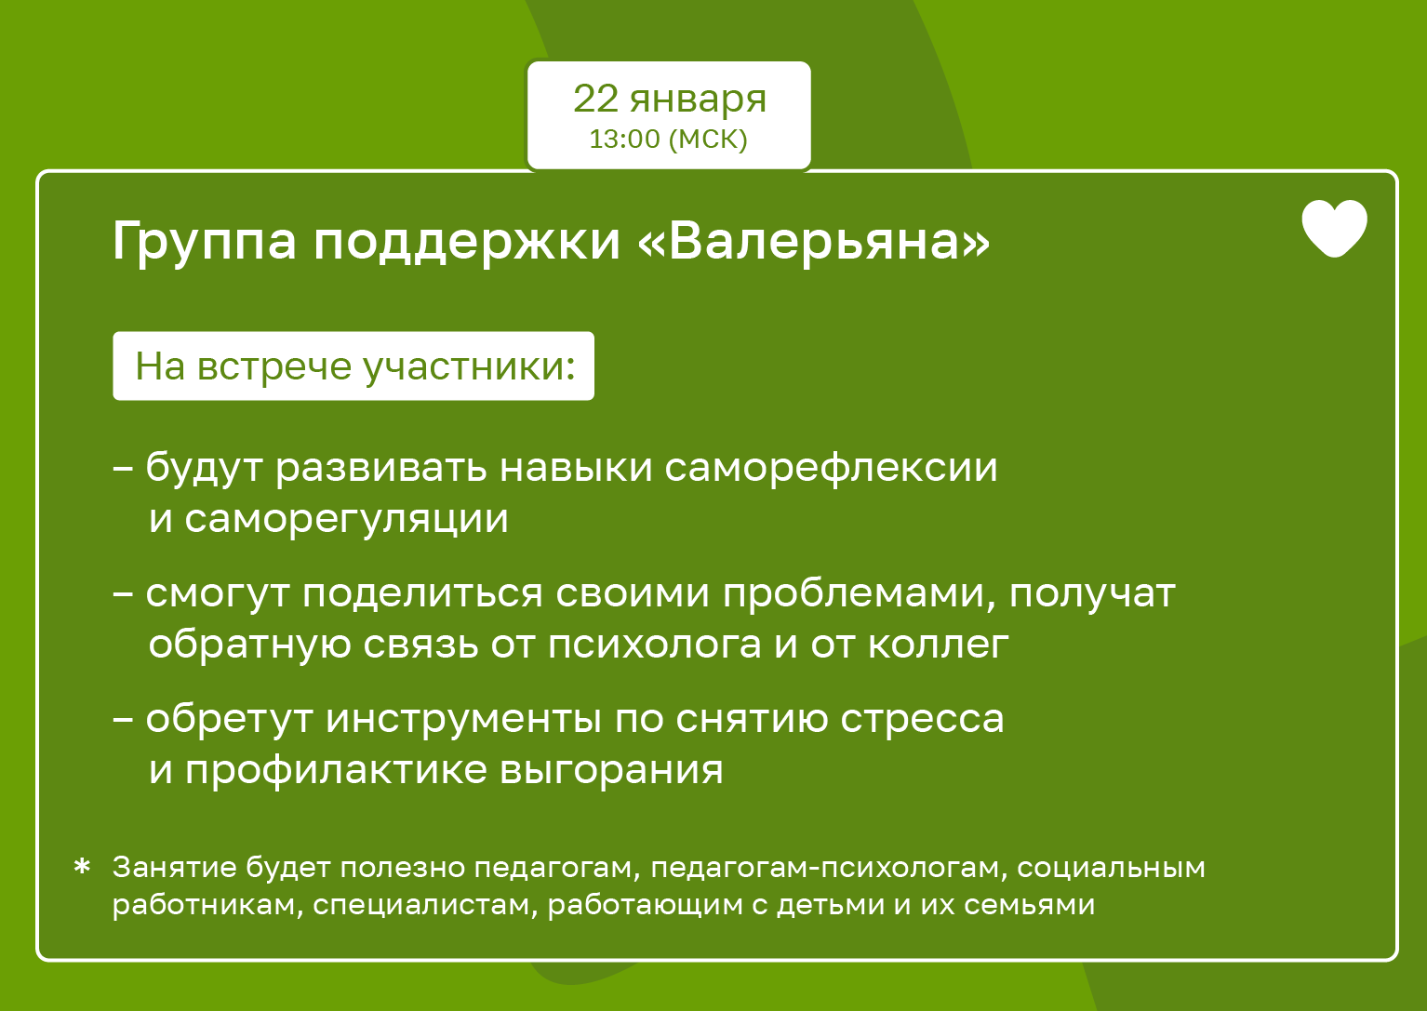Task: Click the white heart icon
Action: [x=1334, y=228]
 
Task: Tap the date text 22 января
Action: [x=669, y=100]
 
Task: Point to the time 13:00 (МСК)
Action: [x=668, y=139]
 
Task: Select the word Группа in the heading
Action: [x=204, y=242]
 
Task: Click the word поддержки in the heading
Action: [x=467, y=242]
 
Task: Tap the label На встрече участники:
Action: [x=354, y=366]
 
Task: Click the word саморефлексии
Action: [x=831, y=468]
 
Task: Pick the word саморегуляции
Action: [x=347, y=519]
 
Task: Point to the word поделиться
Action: [x=422, y=593]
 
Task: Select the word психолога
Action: [x=654, y=645]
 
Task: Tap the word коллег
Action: [x=939, y=645]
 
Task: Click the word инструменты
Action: [x=464, y=720]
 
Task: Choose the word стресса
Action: [x=922, y=720]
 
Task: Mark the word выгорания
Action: [x=611, y=771]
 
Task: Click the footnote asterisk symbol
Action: [x=82, y=867]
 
